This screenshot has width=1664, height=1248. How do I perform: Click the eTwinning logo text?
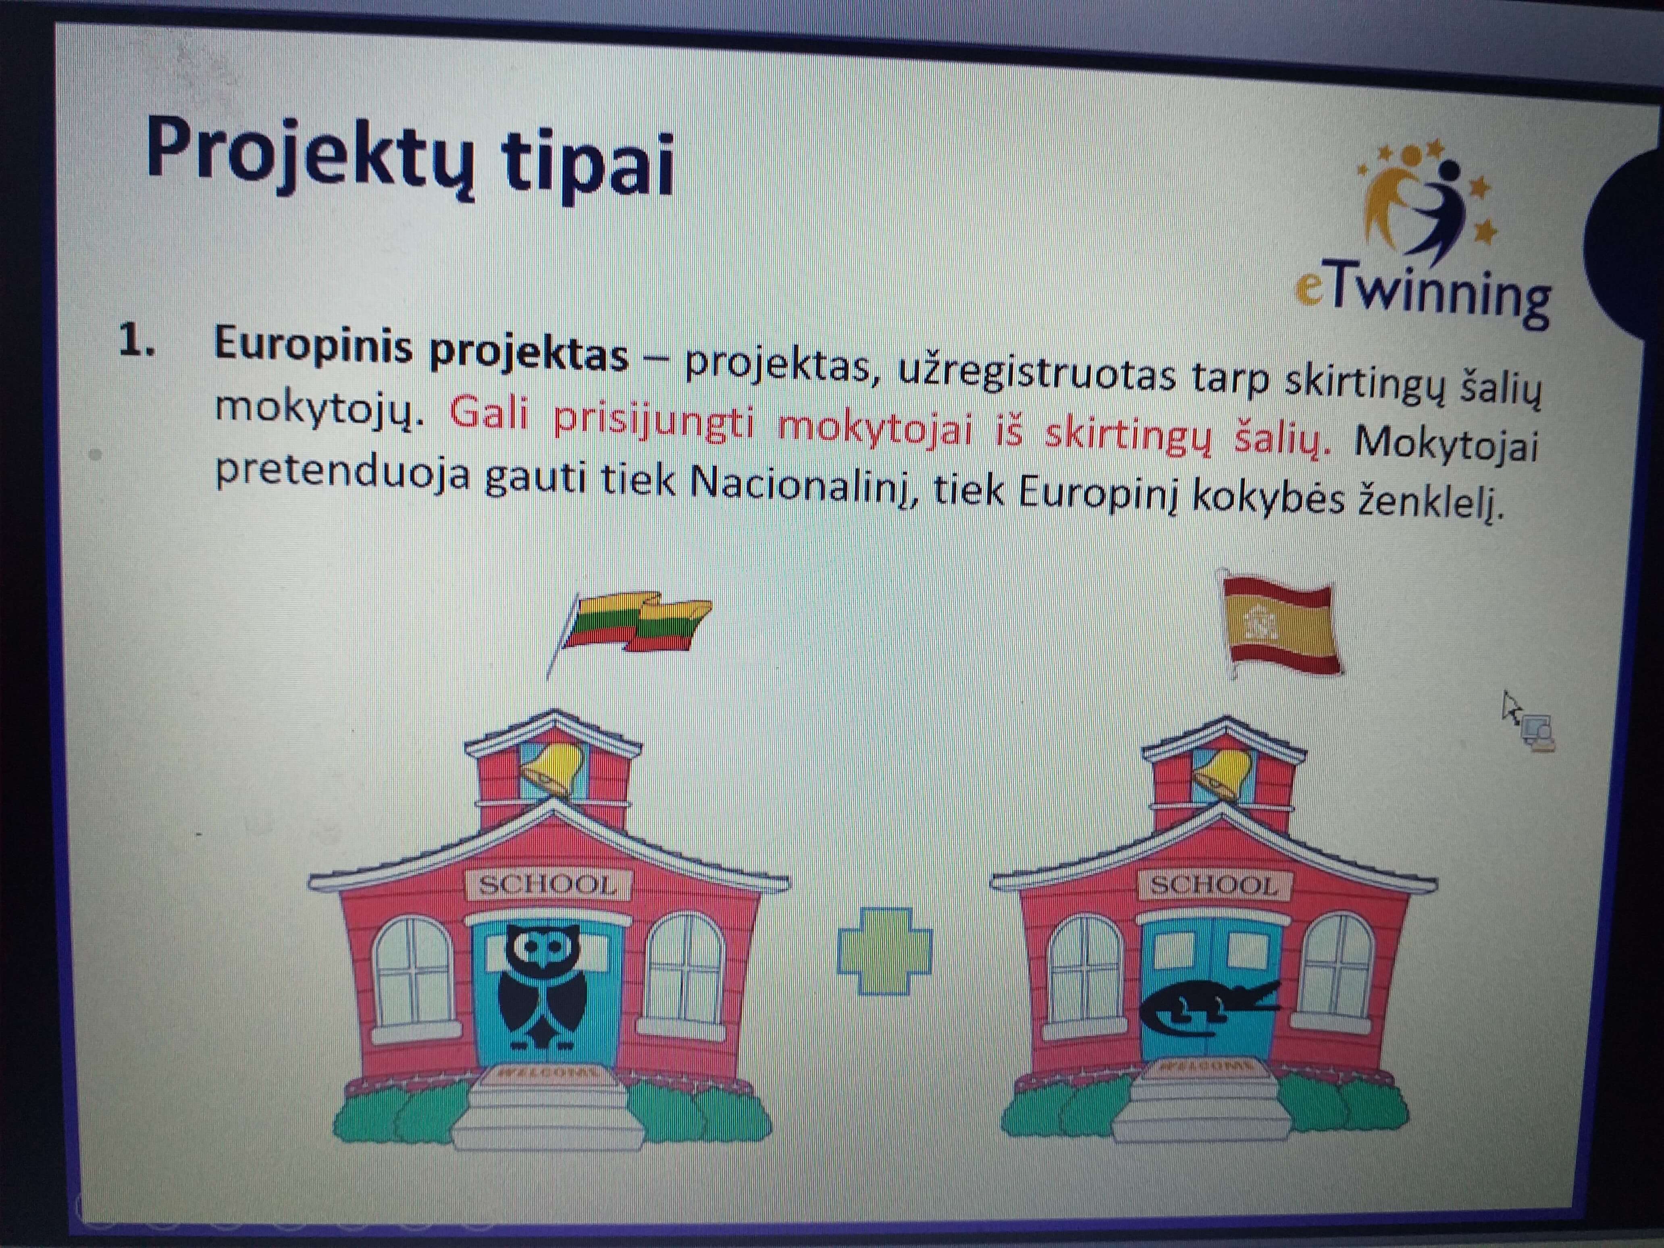click(x=1422, y=295)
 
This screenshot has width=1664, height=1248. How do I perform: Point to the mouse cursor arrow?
click(x=1510, y=707)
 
